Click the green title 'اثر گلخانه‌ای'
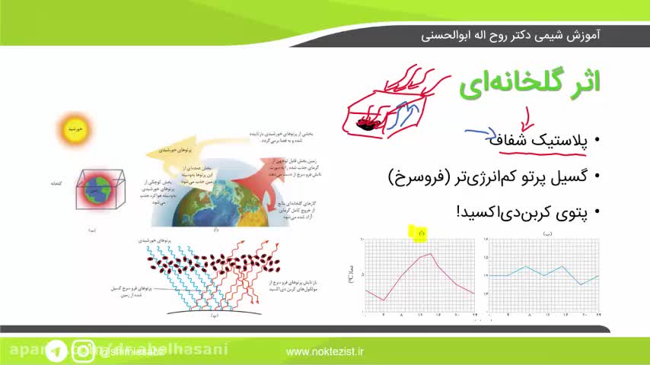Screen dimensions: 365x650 pos(529,85)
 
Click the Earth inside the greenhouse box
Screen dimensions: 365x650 pos(97,188)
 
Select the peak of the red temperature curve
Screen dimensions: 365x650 pos(431,254)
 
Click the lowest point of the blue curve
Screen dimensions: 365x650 pos(581,284)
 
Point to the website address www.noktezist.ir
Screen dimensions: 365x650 pos(325,351)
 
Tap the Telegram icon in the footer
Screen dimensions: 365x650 pos(55,351)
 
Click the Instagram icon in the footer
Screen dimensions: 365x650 pos(83,351)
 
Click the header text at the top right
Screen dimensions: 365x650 pos(511,35)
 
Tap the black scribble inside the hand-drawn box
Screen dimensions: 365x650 pos(368,122)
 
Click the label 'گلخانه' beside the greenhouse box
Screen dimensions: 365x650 pos(55,183)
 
